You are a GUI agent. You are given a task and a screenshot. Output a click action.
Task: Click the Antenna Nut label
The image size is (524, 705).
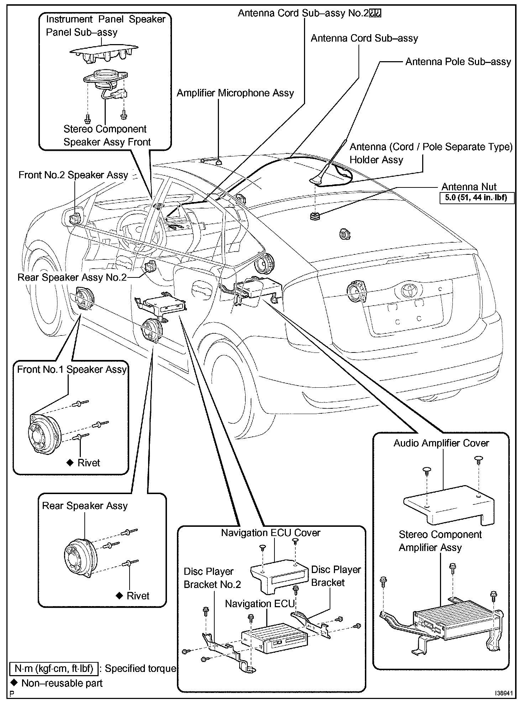[469, 187]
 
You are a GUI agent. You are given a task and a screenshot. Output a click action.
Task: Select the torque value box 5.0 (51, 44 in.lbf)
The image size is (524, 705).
[477, 198]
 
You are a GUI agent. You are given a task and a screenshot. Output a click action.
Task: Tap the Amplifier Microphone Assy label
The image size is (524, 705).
[235, 93]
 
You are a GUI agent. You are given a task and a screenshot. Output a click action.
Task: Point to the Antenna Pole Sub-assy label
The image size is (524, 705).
[458, 62]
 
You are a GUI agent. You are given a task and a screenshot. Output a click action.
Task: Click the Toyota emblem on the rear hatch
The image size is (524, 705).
[406, 291]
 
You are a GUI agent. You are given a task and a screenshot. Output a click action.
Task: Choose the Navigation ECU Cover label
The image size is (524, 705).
[271, 533]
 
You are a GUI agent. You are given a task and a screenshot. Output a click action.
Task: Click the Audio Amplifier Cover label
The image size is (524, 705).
[441, 443]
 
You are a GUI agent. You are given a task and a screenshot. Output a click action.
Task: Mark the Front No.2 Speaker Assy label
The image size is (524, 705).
[73, 175]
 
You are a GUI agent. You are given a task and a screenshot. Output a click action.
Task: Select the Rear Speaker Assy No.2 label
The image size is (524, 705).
[72, 277]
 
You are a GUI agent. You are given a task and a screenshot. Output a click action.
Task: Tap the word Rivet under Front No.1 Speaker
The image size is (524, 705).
[89, 463]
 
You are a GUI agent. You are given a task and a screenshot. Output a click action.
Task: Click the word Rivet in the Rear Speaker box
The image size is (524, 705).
[138, 596]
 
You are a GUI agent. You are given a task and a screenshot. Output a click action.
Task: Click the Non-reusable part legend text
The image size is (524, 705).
[62, 683]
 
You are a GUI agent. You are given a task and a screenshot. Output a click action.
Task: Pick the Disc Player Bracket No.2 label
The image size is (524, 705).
[212, 578]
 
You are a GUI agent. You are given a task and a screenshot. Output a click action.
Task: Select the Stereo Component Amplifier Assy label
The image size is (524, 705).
[440, 541]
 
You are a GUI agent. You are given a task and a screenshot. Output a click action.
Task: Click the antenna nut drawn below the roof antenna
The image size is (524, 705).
[315, 216]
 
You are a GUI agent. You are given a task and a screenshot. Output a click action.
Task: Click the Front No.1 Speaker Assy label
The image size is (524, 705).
[72, 370]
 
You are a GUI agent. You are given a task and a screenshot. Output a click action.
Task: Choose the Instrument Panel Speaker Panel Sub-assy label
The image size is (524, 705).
[105, 26]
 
